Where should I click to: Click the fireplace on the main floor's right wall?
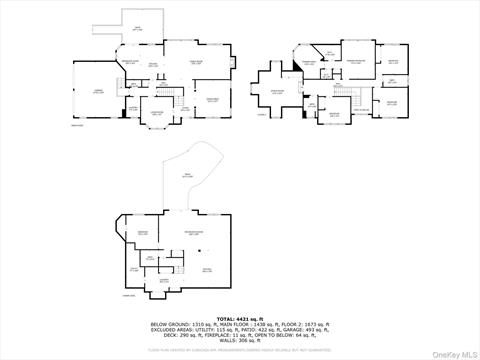coord(236,61)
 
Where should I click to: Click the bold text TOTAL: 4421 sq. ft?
coord(239,317)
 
